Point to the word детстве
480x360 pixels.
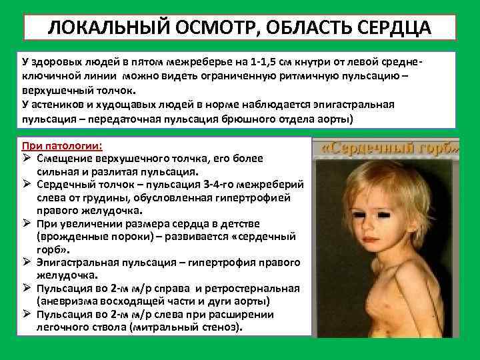coord(234,223)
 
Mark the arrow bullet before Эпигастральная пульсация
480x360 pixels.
coord(28,261)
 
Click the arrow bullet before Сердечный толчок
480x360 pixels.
coord(28,184)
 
